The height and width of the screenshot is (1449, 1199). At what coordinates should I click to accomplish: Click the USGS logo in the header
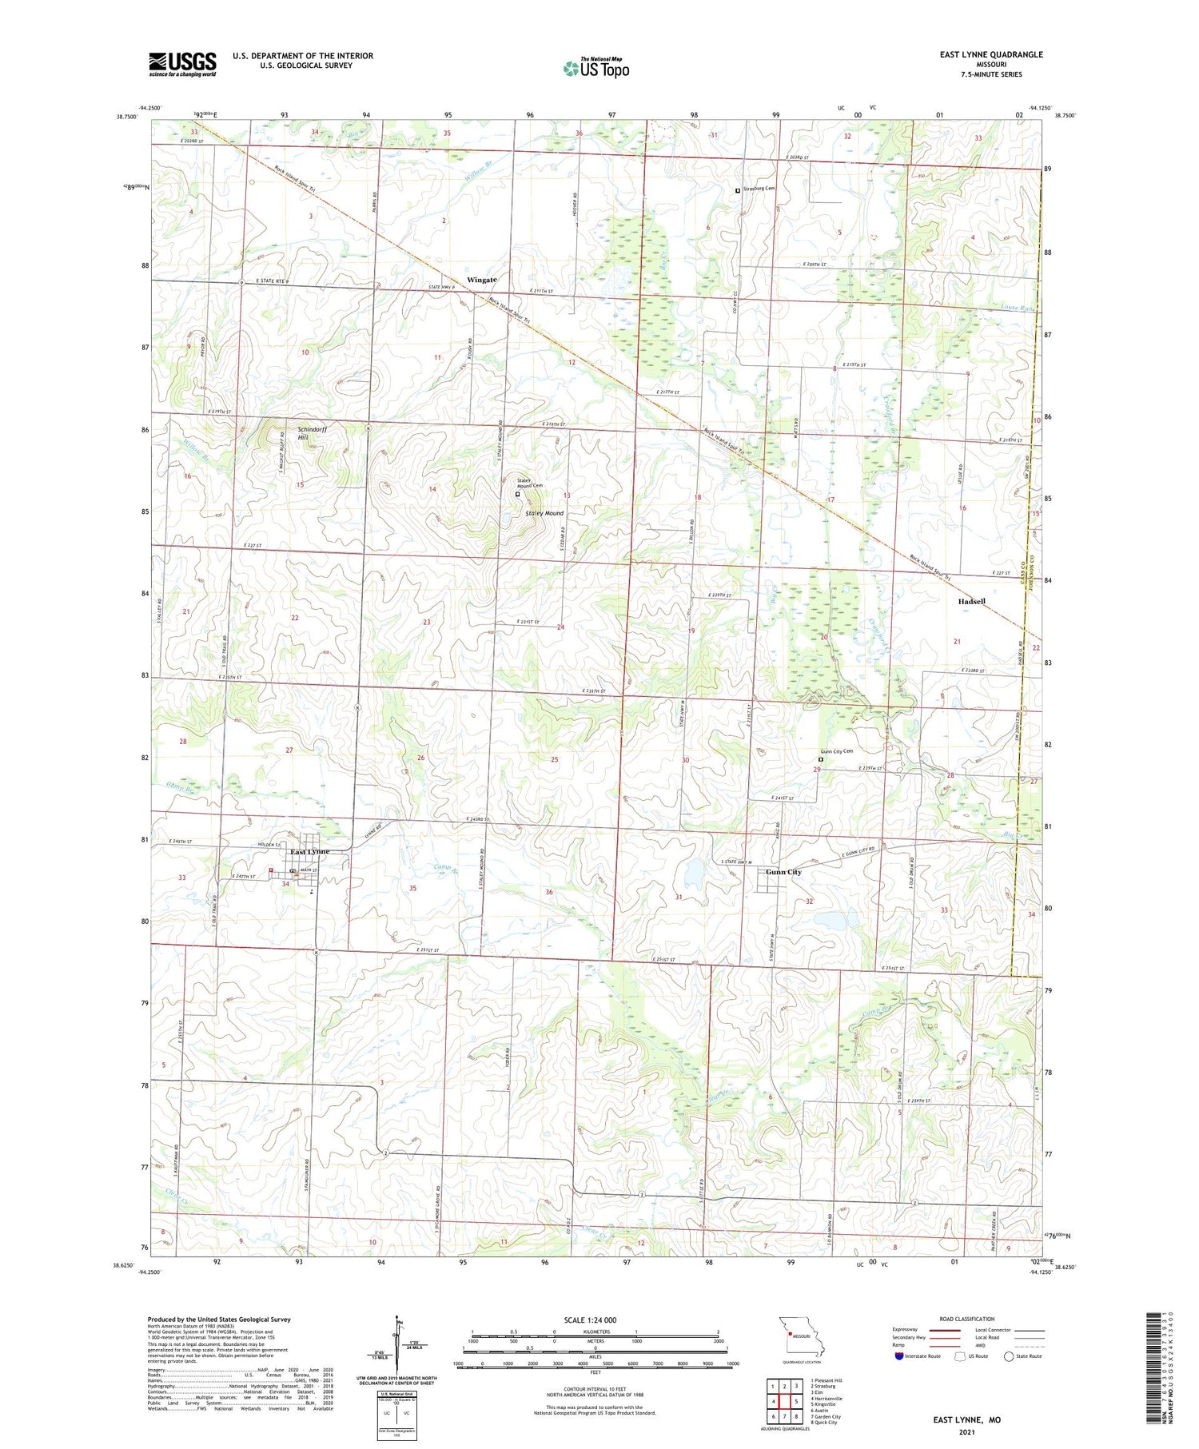pyautogui.click(x=182, y=64)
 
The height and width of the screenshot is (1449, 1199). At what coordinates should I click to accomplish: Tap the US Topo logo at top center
pyautogui.click(x=596, y=68)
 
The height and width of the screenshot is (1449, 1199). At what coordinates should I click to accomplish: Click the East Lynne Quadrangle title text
pyautogui.click(x=990, y=55)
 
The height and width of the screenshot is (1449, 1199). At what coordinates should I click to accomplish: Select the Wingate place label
pyautogui.click(x=482, y=280)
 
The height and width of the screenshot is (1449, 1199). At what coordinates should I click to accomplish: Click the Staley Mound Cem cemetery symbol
pyautogui.click(x=517, y=495)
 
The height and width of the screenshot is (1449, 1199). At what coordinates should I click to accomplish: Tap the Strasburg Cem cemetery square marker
pyautogui.click(x=737, y=190)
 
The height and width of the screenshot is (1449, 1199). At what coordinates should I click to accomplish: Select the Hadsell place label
pyautogui.click(x=971, y=601)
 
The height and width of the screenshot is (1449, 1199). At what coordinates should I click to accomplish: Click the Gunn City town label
pyautogui.click(x=783, y=872)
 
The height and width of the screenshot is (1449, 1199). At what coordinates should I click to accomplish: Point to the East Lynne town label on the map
pyautogui.click(x=309, y=852)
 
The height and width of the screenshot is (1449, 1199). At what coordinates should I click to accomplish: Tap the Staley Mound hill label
pyautogui.click(x=544, y=513)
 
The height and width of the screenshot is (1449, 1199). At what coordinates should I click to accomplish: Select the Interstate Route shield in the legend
pyautogui.click(x=899, y=1356)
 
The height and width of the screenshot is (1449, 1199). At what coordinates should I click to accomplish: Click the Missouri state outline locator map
pyautogui.click(x=799, y=1336)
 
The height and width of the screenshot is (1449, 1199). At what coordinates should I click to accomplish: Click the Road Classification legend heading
pyautogui.click(x=967, y=1319)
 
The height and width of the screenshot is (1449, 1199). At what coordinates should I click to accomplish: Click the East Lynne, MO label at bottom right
pyautogui.click(x=966, y=1419)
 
